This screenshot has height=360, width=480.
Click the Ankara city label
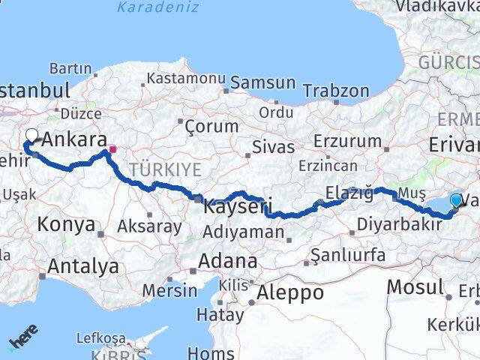[x=74, y=139]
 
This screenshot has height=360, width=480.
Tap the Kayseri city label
[x=236, y=205]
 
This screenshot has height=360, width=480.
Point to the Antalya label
[x=82, y=265]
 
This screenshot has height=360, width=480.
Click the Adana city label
[x=228, y=262]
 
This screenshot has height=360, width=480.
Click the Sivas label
[x=273, y=147]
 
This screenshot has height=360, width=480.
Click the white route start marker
[x=32, y=136]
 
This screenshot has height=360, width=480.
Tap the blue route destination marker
[x=456, y=200]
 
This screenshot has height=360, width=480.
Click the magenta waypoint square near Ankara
[x=112, y=148]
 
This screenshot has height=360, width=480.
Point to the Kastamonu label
[x=186, y=78]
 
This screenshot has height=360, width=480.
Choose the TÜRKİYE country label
[x=165, y=170]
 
